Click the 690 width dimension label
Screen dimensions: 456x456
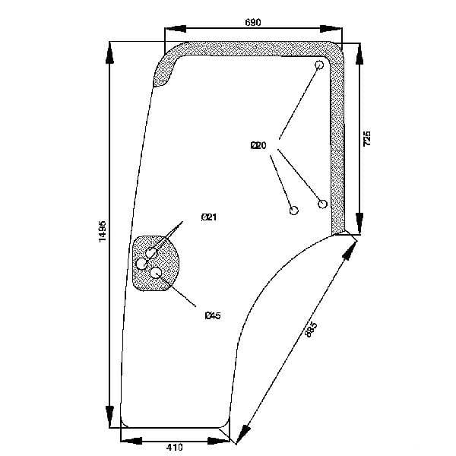pyautogui.click(x=253, y=22)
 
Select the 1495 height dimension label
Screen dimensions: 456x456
pyautogui.click(x=103, y=231)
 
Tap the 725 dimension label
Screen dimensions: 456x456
pyautogui.click(x=367, y=138)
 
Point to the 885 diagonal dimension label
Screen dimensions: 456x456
pyautogui.click(x=311, y=329)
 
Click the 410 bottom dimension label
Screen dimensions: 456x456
pyautogui.click(x=175, y=447)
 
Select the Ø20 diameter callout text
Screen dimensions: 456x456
pyautogui.click(x=258, y=145)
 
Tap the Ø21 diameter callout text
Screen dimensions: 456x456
pyautogui.click(x=209, y=217)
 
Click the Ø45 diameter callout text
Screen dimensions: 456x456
pyautogui.click(x=213, y=315)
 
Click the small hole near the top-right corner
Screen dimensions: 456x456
pyautogui.click(x=319, y=65)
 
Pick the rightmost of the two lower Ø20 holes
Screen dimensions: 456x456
pyautogui.click(x=322, y=204)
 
